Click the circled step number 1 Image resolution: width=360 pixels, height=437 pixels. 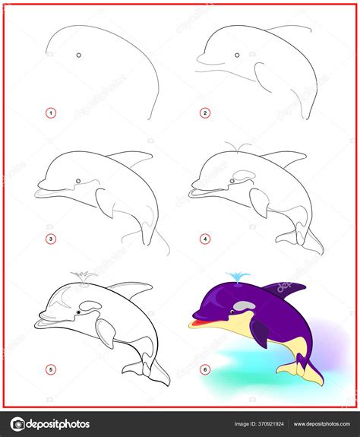tap(51, 113)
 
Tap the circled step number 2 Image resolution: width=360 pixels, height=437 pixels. tap(205, 113)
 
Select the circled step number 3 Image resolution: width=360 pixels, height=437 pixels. tap(51, 239)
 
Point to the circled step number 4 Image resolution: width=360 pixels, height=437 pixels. tap(205, 239)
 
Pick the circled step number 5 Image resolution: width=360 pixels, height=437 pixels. tap(51, 369)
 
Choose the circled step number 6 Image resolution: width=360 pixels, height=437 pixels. tap(205, 369)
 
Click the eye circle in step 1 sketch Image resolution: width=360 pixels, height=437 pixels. tap(79, 55)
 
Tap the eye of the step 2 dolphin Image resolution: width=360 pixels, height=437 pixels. tap(237, 55)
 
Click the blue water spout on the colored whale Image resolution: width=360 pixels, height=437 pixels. tap(238, 277)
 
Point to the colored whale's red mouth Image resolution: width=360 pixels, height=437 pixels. tap(199, 323)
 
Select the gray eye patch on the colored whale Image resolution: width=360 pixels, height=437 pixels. tap(244, 306)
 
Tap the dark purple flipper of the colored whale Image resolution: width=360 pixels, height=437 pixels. tap(261, 332)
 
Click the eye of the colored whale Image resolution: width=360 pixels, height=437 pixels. tap(232, 312)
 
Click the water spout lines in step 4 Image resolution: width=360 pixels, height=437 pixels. tap(238, 147)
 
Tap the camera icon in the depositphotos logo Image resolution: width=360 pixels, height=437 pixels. tap(17, 424)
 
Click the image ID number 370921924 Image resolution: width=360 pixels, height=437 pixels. tap(270, 424)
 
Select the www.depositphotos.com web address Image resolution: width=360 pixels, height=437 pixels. tap(321, 424)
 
